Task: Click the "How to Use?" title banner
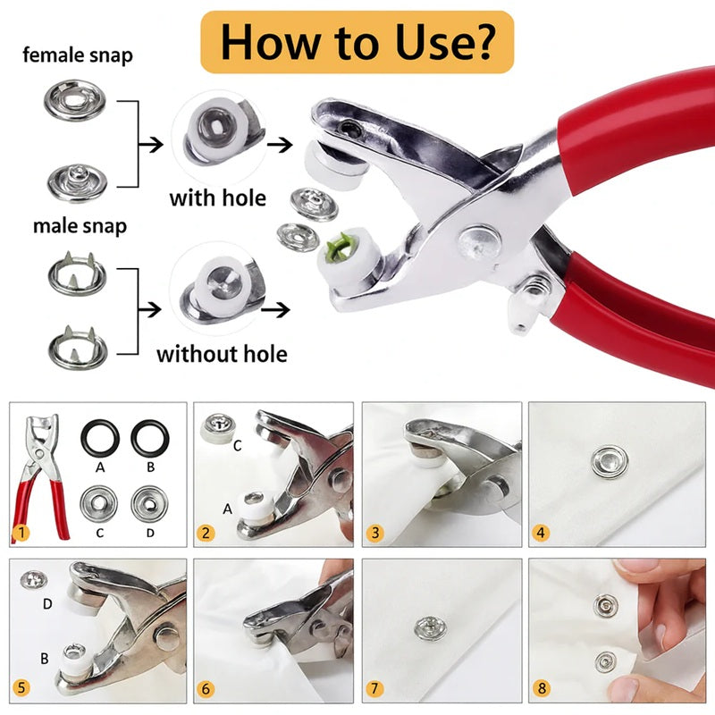[x=357, y=41]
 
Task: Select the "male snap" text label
[x=80, y=226]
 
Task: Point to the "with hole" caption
[x=217, y=197]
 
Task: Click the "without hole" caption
[x=222, y=354]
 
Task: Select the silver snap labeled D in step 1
[x=149, y=503]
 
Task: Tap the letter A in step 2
[x=228, y=509]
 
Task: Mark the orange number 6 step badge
[x=206, y=691]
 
